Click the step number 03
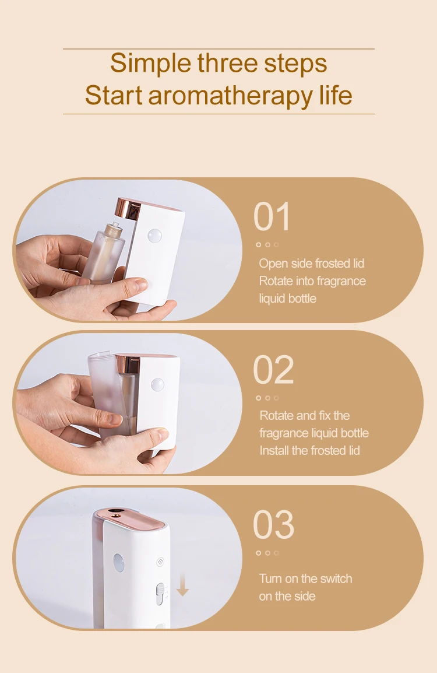coord(273,525)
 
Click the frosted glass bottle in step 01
coord(104,251)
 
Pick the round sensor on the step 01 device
coord(155,236)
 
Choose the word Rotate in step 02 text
coord(277,416)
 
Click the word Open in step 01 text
coord(273,264)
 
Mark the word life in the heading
coord(336,95)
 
